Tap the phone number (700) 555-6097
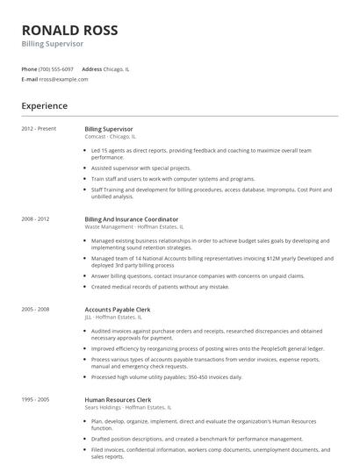(x=56, y=68)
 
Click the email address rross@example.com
(x=63, y=79)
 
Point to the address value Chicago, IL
(x=117, y=68)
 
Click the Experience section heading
(x=45, y=106)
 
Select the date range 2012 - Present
(x=39, y=129)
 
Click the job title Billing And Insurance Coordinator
(x=131, y=218)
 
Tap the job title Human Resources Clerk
(x=118, y=399)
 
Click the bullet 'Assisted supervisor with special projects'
(x=140, y=168)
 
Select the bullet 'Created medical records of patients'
(x=160, y=286)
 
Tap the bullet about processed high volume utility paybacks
(x=165, y=376)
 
